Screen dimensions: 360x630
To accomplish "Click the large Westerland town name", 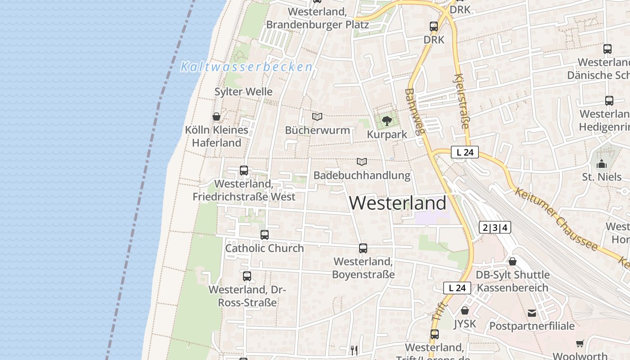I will pyautogui.click(x=398, y=203).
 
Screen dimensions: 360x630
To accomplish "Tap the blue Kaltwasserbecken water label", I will pyautogui.click(x=246, y=67).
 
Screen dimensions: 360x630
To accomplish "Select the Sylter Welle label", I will pyautogui.click(x=243, y=92).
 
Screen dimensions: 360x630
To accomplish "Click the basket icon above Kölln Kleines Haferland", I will pyautogui.click(x=216, y=117).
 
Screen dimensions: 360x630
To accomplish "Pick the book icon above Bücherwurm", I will pyautogui.click(x=317, y=117).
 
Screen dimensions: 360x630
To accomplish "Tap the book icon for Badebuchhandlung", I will pyautogui.click(x=362, y=162).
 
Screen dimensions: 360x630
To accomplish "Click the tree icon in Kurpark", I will pyautogui.click(x=387, y=121).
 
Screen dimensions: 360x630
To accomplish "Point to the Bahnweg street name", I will pyautogui.click(x=415, y=112).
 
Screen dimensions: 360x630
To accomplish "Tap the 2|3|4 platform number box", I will pyautogui.click(x=495, y=228).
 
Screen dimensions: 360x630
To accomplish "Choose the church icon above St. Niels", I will pyautogui.click(x=602, y=163).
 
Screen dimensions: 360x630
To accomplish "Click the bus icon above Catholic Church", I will pyautogui.click(x=265, y=235).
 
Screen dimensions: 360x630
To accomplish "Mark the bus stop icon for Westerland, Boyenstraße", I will pyautogui.click(x=363, y=248).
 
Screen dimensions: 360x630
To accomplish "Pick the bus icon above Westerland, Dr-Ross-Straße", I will pyautogui.click(x=247, y=276).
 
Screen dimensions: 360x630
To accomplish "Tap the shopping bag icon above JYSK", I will pyautogui.click(x=465, y=310).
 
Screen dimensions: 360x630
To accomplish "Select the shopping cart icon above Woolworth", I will pyautogui.click(x=580, y=343).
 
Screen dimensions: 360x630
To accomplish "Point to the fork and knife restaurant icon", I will pyautogui.click(x=355, y=350).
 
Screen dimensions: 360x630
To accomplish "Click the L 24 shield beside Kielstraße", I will pyautogui.click(x=465, y=153).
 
